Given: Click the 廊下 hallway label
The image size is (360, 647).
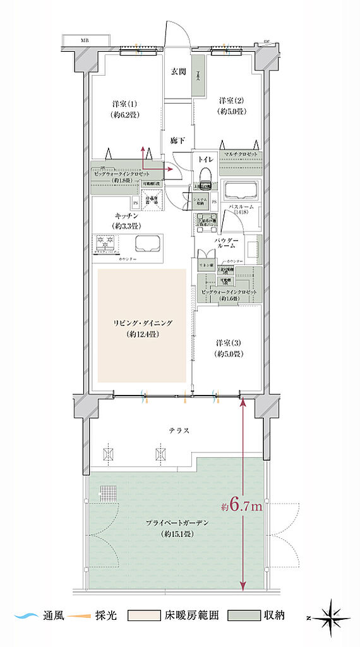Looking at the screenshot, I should (177, 140).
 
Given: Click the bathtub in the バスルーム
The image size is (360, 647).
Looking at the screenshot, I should (239, 192).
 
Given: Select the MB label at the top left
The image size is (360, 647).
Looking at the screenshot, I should (84, 41).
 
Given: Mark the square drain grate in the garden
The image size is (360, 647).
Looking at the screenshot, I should (110, 493).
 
